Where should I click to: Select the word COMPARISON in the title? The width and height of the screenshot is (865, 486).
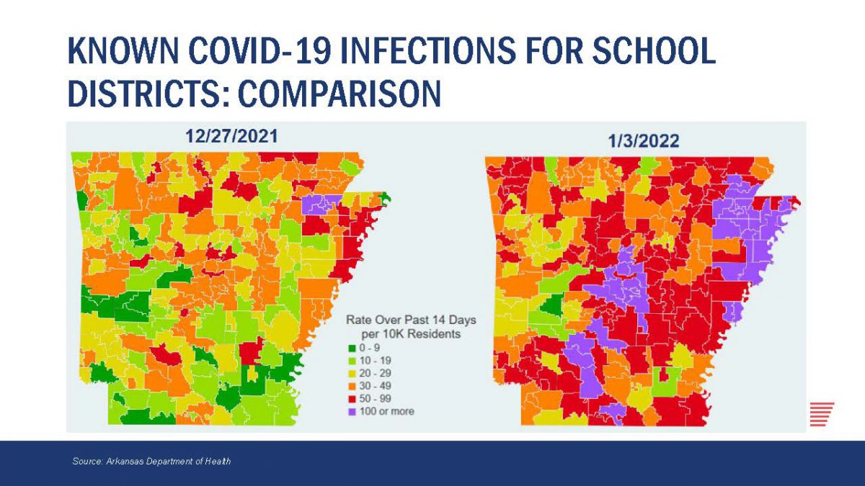coord(339,94)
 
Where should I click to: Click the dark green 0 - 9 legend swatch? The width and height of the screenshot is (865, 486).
coord(350,348)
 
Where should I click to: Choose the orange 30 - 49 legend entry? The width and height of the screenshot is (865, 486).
coord(376,386)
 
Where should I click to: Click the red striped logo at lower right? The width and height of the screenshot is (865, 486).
coord(822,413)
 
